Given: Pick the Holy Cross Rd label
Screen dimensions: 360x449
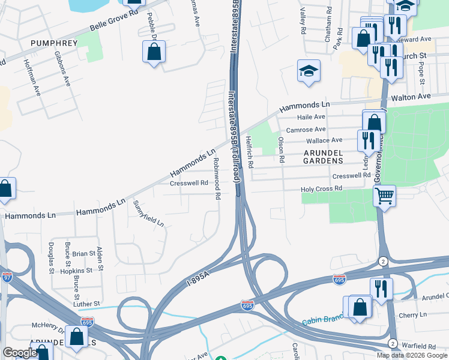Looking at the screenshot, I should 321,189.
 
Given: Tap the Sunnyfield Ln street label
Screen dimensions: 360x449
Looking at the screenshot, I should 148,214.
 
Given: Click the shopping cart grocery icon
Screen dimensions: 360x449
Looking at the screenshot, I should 384,195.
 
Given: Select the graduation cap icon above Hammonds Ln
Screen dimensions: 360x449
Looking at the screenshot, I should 309,72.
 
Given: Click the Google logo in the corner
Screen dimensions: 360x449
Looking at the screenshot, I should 19,353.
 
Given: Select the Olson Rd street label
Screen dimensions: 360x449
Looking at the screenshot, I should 280,150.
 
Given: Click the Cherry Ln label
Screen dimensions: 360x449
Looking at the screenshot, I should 414,314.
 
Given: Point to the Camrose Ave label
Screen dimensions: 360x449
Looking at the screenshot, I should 306,130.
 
